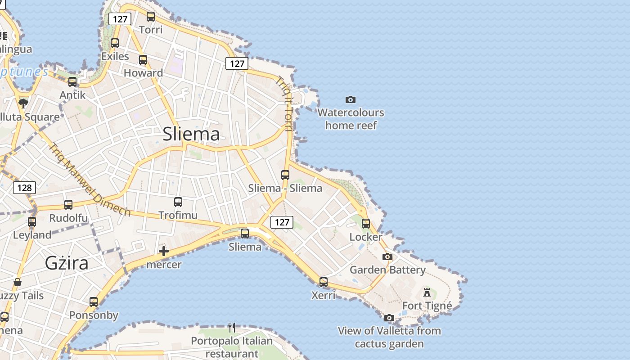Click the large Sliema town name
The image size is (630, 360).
tap(191, 134)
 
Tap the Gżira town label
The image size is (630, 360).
tap(67, 263)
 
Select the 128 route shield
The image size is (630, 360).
tap(24, 187)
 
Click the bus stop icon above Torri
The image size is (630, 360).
tap(151, 17)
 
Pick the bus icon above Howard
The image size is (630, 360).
tap(143, 60)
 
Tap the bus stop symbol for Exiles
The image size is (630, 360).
tap(115, 43)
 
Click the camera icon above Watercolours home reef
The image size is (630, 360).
tap(351, 99)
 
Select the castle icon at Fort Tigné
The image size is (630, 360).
tap(427, 292)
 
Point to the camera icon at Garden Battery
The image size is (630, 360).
tap(387, 256)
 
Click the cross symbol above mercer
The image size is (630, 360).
tap(164, 251)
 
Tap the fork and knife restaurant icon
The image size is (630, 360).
tap(232, 327)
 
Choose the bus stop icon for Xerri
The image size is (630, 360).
tap(324, 282)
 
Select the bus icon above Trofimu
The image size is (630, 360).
tap(178, 202)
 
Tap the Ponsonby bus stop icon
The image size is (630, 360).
tap(94, 302)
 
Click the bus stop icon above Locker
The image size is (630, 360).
tap(366, 223)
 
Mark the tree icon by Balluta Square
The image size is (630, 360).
tap(23, 103)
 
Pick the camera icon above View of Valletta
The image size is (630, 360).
tap(389, 318)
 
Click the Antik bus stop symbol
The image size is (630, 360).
tap(72, 82)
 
